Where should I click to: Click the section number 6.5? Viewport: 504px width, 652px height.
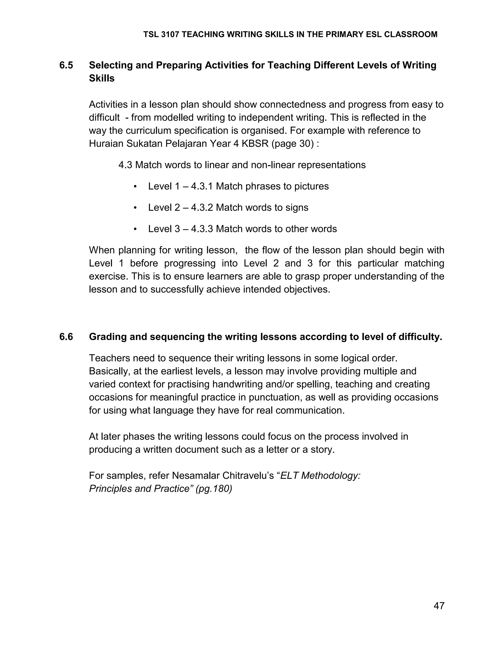[66, 65]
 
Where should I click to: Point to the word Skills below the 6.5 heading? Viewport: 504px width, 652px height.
[102, 78]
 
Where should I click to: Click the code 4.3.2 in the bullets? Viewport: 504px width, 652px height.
[202, 207]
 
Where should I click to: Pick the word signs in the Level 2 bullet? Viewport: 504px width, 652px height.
[297, 207]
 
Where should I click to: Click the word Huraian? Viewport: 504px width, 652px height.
[106, 144]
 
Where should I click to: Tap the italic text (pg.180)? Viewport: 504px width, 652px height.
[214, 488]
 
